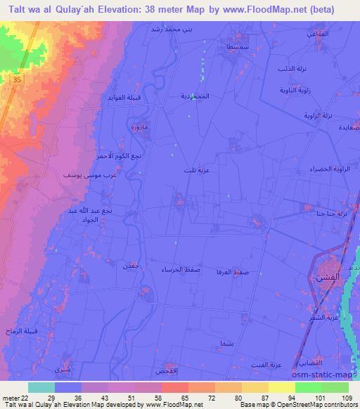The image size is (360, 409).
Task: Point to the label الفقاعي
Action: [x=316, y=34]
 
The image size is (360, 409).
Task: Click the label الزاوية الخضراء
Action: [x=325, y=169]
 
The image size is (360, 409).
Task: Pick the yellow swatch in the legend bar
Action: [x=282, y=387]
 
